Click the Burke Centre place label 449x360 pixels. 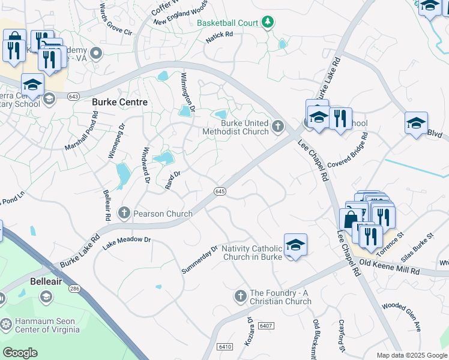pyautogui.click(x=119, y=102)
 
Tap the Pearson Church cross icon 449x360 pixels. pyautogui.click(x=124, y=212)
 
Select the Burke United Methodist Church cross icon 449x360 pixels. pyautogui.click(x=277, y=126)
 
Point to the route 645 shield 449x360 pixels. pyautogui.click(x=220, y=191)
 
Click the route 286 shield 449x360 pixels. pyautogui.click(x=74, y=289)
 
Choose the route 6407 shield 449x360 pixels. pyautogui.click(x=266, y=326)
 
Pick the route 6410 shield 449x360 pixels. pyautogui.click(x=225, y=346)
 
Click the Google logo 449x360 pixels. pyautogui.click(x=20, y=353)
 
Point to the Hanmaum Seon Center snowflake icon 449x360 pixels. pyautogui.click(x=6, y=325)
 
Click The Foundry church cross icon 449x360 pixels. pyautogui.click(x=240, y=296)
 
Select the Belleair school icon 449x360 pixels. pyautogui.click(x=46, y=296)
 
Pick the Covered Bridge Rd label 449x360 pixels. pyautogui.click(x=348, y=154)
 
